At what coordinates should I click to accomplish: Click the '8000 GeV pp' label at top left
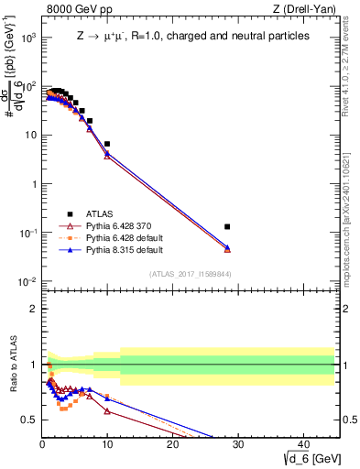[x=75, y=10]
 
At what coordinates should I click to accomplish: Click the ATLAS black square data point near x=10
[x=107, y=144]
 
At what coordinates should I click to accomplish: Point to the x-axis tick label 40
[x=302, y=443]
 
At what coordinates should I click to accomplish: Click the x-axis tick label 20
[x=172, y=443]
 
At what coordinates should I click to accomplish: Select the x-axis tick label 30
[x=237, y=443]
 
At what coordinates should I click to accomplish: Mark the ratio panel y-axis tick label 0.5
[x=29, y=420]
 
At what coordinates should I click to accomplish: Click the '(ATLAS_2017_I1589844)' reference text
[x=191, y=274]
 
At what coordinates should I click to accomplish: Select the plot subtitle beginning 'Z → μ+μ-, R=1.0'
[x=192, y=37]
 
